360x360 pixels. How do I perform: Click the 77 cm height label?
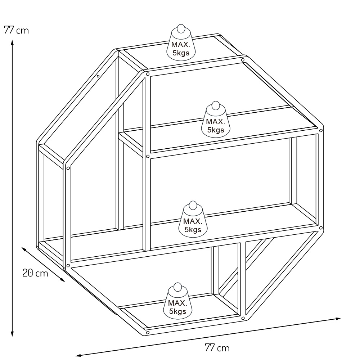pos(16,30)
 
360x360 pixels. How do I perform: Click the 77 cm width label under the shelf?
pos(217,348)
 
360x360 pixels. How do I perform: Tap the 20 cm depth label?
pos(35,273)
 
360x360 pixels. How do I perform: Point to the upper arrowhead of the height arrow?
pos(12,42)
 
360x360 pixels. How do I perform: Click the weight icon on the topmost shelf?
pos(181,43)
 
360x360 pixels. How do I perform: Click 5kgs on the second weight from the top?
pos(215,130)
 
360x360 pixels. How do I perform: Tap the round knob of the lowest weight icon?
pos(177,287)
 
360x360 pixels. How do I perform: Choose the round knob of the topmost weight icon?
pos(181,29)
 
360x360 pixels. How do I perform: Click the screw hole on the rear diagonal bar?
pos(98,76)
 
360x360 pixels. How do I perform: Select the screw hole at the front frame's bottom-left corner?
pos(68,266)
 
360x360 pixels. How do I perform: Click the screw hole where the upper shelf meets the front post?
pos(148,156)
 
